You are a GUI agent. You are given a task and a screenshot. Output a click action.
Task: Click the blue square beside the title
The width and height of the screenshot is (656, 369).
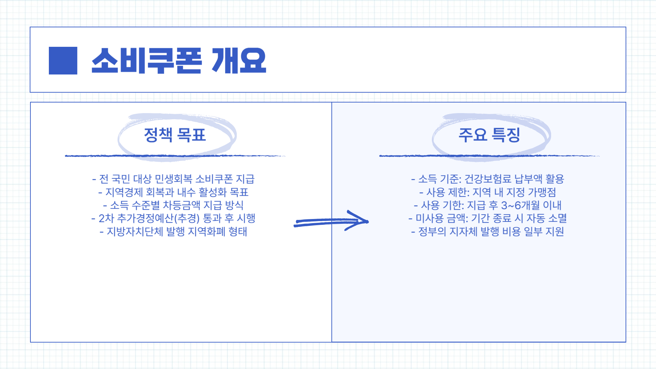[x=63, y=60]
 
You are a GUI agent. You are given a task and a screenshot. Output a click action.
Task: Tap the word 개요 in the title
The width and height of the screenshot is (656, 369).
[x=239, y=60]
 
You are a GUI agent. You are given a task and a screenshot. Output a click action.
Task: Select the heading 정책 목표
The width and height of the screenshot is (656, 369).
[x=175, y=135]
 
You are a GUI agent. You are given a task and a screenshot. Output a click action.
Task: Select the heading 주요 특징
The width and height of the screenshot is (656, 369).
[x=489, y=135]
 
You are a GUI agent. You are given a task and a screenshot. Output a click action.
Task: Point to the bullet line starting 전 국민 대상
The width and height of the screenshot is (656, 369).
[x=174, y=179]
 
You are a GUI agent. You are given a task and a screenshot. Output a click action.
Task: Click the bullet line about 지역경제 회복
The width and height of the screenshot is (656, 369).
[x=174, y=192]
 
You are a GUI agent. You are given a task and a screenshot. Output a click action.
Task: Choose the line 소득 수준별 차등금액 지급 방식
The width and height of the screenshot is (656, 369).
[x=174, y=205]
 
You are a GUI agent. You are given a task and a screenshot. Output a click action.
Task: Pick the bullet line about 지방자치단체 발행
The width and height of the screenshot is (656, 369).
[x=174, y=232]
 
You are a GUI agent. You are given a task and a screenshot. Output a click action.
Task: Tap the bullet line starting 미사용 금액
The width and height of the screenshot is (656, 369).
[x=488, y=218]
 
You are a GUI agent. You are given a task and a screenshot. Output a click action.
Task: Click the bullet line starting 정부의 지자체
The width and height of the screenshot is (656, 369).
[x=488, y=232]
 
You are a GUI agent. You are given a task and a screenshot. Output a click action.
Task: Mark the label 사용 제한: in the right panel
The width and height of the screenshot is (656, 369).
[x=448, y=192]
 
